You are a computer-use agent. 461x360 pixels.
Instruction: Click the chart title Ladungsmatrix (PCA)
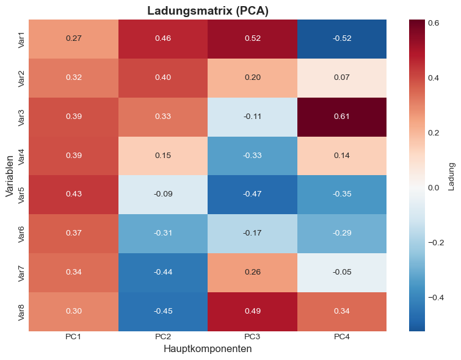point(208,10)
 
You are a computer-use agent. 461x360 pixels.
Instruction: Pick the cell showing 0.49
point(252,312)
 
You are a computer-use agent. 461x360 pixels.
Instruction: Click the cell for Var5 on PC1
point(73,195)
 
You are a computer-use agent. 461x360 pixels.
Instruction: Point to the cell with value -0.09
point(163,195)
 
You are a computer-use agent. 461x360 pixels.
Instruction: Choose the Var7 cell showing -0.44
point(163,273)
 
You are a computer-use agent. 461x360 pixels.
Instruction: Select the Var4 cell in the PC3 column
point(252,156)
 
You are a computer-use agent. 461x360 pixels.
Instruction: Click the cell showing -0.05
point(342,273)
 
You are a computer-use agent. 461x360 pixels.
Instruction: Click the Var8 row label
point(21,312)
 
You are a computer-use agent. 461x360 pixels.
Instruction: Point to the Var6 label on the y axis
point(21,234)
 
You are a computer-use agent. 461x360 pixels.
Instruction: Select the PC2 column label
point(163,337)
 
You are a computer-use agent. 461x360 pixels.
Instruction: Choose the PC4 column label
point(342,337)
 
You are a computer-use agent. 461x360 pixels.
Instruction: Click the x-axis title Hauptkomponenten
point(208,349)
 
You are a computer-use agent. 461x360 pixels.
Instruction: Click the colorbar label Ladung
point(451,176)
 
